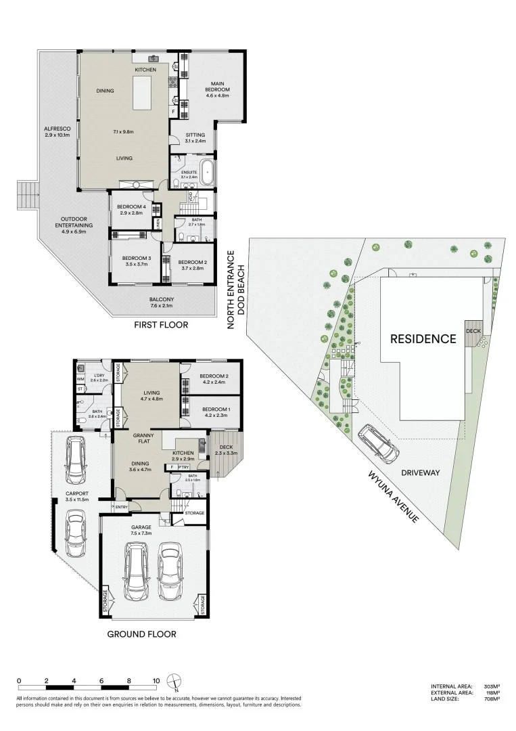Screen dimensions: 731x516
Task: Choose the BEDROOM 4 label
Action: (x=131, y=208)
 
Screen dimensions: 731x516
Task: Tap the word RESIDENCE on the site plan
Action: (x=423, y=338)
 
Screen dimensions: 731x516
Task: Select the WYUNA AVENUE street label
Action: (x=394, y=495)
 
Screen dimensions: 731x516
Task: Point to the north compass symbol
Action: (x=175, y=681)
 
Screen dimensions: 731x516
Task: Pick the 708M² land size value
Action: (x=490, y=699)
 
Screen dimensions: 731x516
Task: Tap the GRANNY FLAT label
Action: (x=142, y=439)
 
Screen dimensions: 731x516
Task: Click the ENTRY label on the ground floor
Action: (x=122, y=507)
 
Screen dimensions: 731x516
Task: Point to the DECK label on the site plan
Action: (x=474, y=331)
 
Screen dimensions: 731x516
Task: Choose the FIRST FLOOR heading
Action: (x=162, y=325)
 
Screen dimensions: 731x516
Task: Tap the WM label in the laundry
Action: (x=80, y=379)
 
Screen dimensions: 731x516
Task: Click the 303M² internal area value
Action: (x=490, y=686)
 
